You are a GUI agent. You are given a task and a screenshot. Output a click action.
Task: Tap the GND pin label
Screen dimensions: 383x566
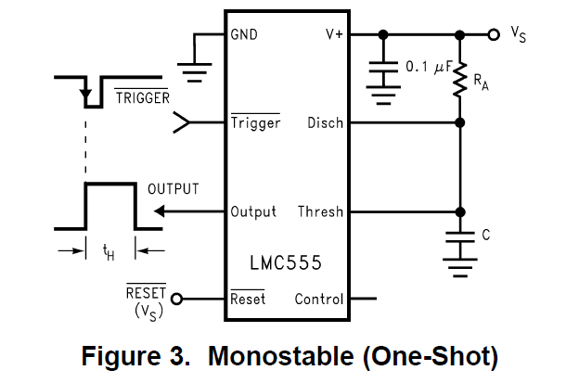click(x=244, y=35)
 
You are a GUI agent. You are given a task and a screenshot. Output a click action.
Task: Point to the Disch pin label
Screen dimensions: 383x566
click(x=325, y=122)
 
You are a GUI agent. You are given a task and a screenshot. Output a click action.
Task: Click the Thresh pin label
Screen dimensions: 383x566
click(x=320, y=211)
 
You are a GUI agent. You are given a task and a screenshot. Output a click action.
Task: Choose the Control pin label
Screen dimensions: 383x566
click(x=318, y=299)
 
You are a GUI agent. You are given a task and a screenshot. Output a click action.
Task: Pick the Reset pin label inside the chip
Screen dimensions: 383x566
click(x=248, y=299)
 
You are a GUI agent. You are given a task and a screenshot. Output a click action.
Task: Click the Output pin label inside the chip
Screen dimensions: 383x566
click(x=253, y=211)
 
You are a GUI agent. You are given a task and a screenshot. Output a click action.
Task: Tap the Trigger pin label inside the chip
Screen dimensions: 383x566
click(x=255, y=122)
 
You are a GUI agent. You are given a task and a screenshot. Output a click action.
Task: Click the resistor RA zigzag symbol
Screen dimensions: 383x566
click(x=458, y=82)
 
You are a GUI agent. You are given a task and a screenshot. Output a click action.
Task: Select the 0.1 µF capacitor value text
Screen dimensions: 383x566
click(x=428, y=67)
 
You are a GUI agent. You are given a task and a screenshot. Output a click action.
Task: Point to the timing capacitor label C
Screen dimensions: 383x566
click(x=485, y=236)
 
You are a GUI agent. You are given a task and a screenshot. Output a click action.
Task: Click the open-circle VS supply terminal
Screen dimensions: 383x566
click(x=493, y=35)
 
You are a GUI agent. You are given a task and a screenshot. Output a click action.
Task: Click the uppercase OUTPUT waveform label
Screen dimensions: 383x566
click(x=174, y=189)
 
